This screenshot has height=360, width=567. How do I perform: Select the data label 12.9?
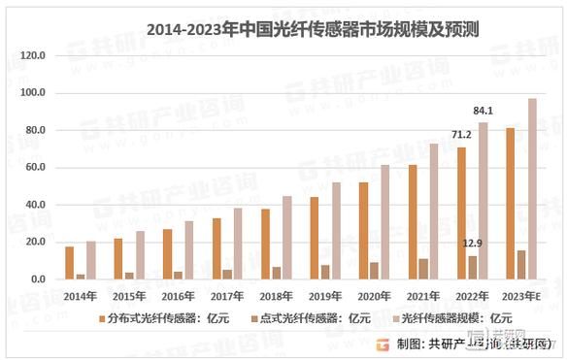tap(471, 243)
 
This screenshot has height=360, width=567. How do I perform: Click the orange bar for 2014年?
tap(69, 263)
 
